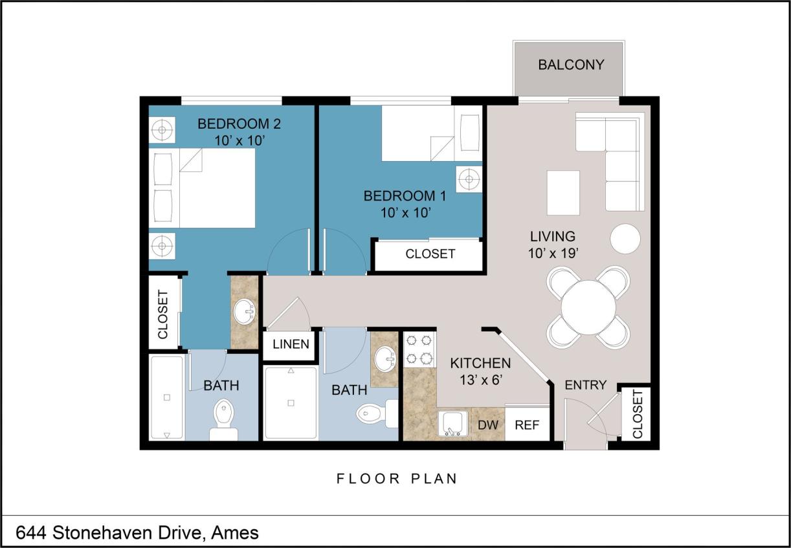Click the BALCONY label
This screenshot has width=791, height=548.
click(570, 65)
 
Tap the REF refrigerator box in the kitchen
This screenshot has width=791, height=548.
click(527, 425)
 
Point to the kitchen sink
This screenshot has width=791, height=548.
click(453, 424)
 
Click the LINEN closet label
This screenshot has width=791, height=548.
click(291, 344)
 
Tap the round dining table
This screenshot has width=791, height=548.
click(588, 307)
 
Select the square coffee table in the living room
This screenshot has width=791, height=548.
click(563, 192)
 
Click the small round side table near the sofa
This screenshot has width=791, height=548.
click(625, 239)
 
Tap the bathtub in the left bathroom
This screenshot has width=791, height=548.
click(167, 397)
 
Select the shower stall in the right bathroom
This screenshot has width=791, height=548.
click(291, 402)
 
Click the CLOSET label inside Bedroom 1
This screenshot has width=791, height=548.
click(430, 254)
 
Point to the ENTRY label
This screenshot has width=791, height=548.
click(585, 385)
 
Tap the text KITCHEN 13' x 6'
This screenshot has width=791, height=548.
click(480, 371)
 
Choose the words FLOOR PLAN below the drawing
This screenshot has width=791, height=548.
click(397, 479)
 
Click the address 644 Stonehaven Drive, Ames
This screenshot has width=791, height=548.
click(137, 532)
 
